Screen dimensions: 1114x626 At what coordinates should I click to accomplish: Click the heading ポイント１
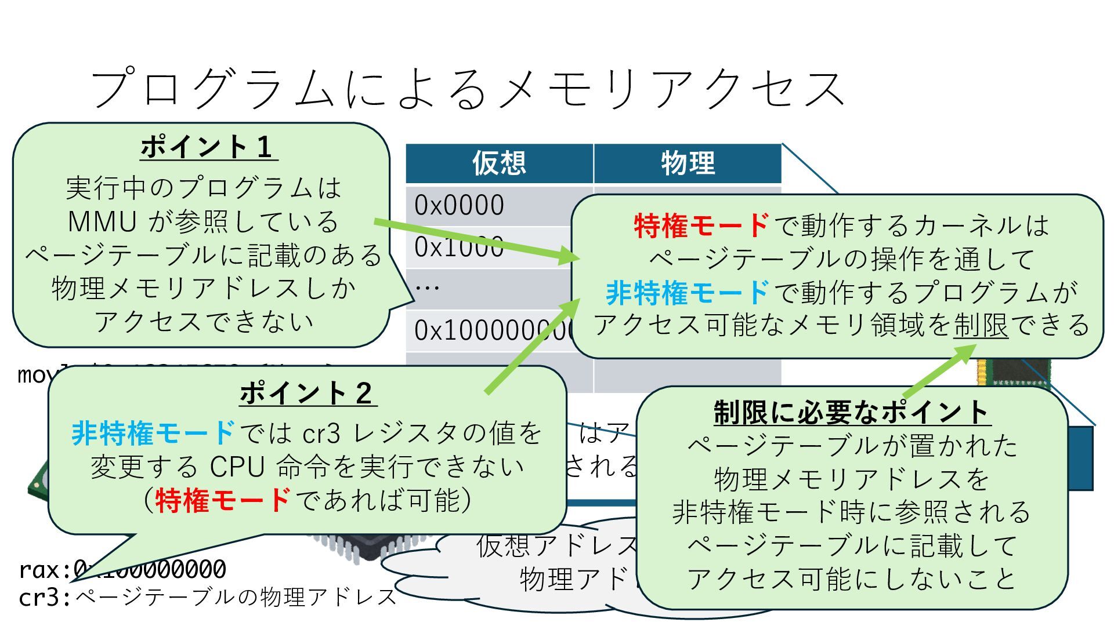(208, 147)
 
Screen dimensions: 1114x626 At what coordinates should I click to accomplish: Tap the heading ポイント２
(308, 393)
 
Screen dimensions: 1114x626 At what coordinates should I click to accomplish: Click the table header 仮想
(498, 163)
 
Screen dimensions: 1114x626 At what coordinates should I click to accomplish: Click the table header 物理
(688, 163)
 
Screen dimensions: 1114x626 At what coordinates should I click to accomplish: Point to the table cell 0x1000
(458, 247)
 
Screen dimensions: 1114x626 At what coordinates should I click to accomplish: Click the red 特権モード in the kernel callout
(701, 225)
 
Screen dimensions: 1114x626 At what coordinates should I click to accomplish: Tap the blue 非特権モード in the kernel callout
(688, 293)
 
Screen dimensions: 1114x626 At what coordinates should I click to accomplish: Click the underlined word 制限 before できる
(981, 325)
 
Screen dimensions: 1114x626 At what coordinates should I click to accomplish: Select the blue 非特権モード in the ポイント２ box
(153, 433)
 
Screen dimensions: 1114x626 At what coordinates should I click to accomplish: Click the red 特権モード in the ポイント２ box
(223, 500)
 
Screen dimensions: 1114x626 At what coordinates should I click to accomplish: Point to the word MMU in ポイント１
(102, 221)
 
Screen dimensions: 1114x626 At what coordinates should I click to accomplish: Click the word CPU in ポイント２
(237, 467)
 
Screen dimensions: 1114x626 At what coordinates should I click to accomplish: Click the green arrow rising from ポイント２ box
(531, 348)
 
